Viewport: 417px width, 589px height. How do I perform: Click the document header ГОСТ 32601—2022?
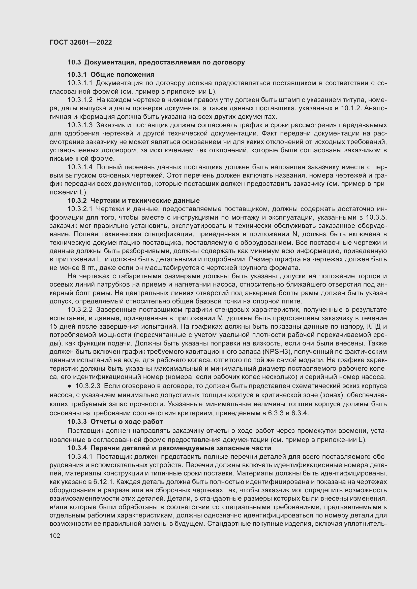[81, 42]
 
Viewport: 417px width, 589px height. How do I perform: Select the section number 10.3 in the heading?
[74, 62]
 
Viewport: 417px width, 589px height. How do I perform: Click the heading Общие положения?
[122, 75]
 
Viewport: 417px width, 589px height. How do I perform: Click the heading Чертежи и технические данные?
[145, 200]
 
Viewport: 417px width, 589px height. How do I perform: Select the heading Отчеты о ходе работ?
[127, 422]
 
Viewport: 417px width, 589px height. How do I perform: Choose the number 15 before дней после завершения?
[53, 326]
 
